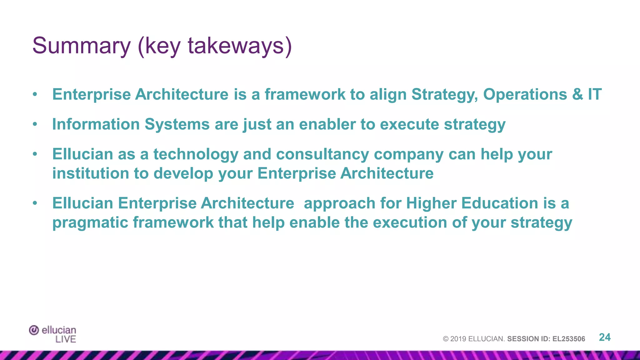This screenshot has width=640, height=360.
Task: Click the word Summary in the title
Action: pos(81,46)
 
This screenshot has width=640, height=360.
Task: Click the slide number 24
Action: pos(604,337)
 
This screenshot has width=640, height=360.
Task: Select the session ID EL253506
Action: pos(568,339)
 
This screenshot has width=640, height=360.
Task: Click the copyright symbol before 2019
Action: pos(446,339)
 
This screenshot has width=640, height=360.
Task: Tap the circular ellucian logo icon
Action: pos(34,330)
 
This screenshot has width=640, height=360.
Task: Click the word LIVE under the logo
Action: pos(66,339)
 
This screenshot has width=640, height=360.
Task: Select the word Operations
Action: pos(525,94)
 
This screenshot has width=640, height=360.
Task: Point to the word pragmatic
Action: pos(90,223)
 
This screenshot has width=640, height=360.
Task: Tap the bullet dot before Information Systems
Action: pos(35,125)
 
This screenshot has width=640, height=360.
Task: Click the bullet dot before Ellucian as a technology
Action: pos(35,154)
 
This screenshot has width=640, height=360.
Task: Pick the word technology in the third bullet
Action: pos(196,154)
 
